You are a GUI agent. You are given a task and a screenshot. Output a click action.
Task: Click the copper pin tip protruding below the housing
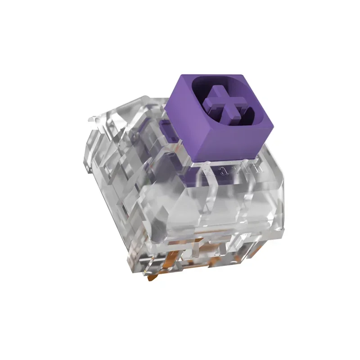(x=150, y=279)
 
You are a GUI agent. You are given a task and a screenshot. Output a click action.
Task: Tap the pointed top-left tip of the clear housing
(x=89, y=120)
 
